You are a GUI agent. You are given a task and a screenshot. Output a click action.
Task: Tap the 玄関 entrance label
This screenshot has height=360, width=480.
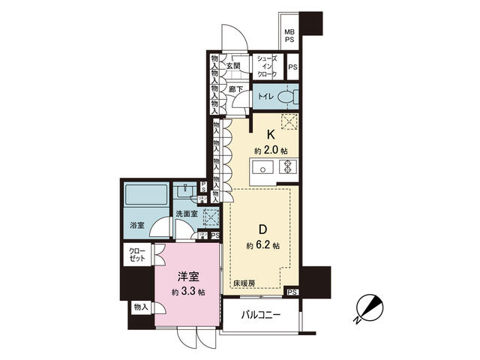coord(233,66)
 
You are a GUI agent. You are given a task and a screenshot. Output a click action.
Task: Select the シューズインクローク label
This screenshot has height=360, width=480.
coord(267,67)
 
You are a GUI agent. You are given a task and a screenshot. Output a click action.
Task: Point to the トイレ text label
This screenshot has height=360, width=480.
coord(265,97)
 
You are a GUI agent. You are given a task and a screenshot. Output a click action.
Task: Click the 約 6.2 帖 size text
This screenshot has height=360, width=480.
coord(263,245)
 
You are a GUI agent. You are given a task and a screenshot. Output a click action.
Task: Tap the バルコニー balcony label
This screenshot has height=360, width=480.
coord(259,316)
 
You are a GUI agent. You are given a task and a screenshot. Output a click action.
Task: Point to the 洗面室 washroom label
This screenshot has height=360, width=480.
coord(185,214)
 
